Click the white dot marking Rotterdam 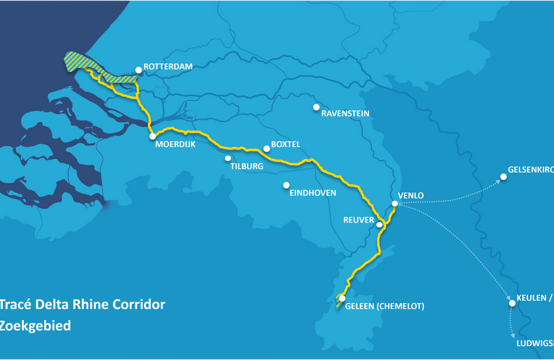138,70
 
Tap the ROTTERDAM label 168,66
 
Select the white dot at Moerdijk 152,136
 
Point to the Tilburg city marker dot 228,158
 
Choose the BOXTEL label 285,144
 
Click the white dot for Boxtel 266,148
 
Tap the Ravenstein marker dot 316,107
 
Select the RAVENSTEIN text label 345,114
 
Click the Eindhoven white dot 286,185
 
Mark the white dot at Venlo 394,204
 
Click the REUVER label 359,220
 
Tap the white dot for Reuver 379,225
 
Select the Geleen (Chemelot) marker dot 342,299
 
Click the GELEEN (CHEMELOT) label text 384,306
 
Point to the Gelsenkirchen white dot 504,177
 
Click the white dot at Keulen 512,303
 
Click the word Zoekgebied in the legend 35,326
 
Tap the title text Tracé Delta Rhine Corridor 83,304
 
